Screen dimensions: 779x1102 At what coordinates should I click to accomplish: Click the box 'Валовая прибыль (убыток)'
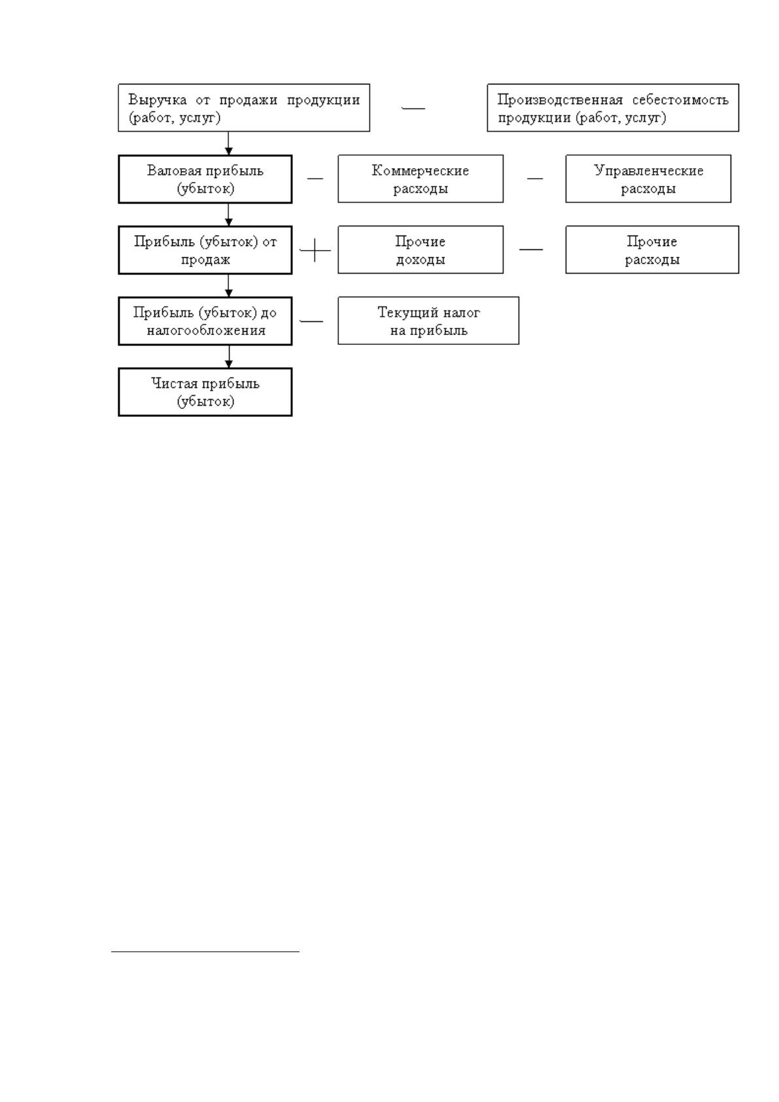pos(205,179)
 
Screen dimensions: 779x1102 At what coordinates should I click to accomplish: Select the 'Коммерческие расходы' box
pos(421,179)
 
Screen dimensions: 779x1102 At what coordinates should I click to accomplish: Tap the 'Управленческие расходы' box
pos(648,179)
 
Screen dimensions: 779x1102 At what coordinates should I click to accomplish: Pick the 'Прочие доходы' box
pos(421,249)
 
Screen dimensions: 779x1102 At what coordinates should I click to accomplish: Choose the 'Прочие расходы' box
pos(652,249)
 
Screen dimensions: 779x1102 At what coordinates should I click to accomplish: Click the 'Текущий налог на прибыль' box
pos(428,320)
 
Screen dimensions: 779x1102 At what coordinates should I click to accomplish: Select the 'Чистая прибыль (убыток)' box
pos(205,391)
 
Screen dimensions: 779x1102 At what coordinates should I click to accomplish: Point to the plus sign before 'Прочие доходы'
pos(315,250)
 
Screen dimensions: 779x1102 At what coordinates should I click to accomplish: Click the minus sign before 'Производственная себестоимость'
pos(413,108)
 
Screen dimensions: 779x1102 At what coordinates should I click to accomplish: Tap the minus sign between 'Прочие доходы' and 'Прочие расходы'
pos(531,249)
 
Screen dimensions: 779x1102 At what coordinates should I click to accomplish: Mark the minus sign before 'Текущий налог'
pos(311,321)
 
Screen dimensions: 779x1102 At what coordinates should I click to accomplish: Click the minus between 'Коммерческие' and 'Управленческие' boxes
pos(535,178)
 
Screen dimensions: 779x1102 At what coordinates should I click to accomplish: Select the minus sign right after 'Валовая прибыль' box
pos(315,178)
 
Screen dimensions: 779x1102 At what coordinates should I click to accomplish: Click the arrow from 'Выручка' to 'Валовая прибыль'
pos(229,143)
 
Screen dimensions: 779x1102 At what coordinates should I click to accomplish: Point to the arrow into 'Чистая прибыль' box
pos(229,356)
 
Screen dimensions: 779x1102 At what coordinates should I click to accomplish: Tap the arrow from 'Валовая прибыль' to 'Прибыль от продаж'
pos(229,215)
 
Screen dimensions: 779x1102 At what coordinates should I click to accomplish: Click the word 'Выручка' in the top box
pos(158,100)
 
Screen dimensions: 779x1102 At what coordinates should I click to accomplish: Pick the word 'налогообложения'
pos(206,330)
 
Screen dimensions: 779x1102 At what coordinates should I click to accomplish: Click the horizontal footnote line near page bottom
pos(205,952)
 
